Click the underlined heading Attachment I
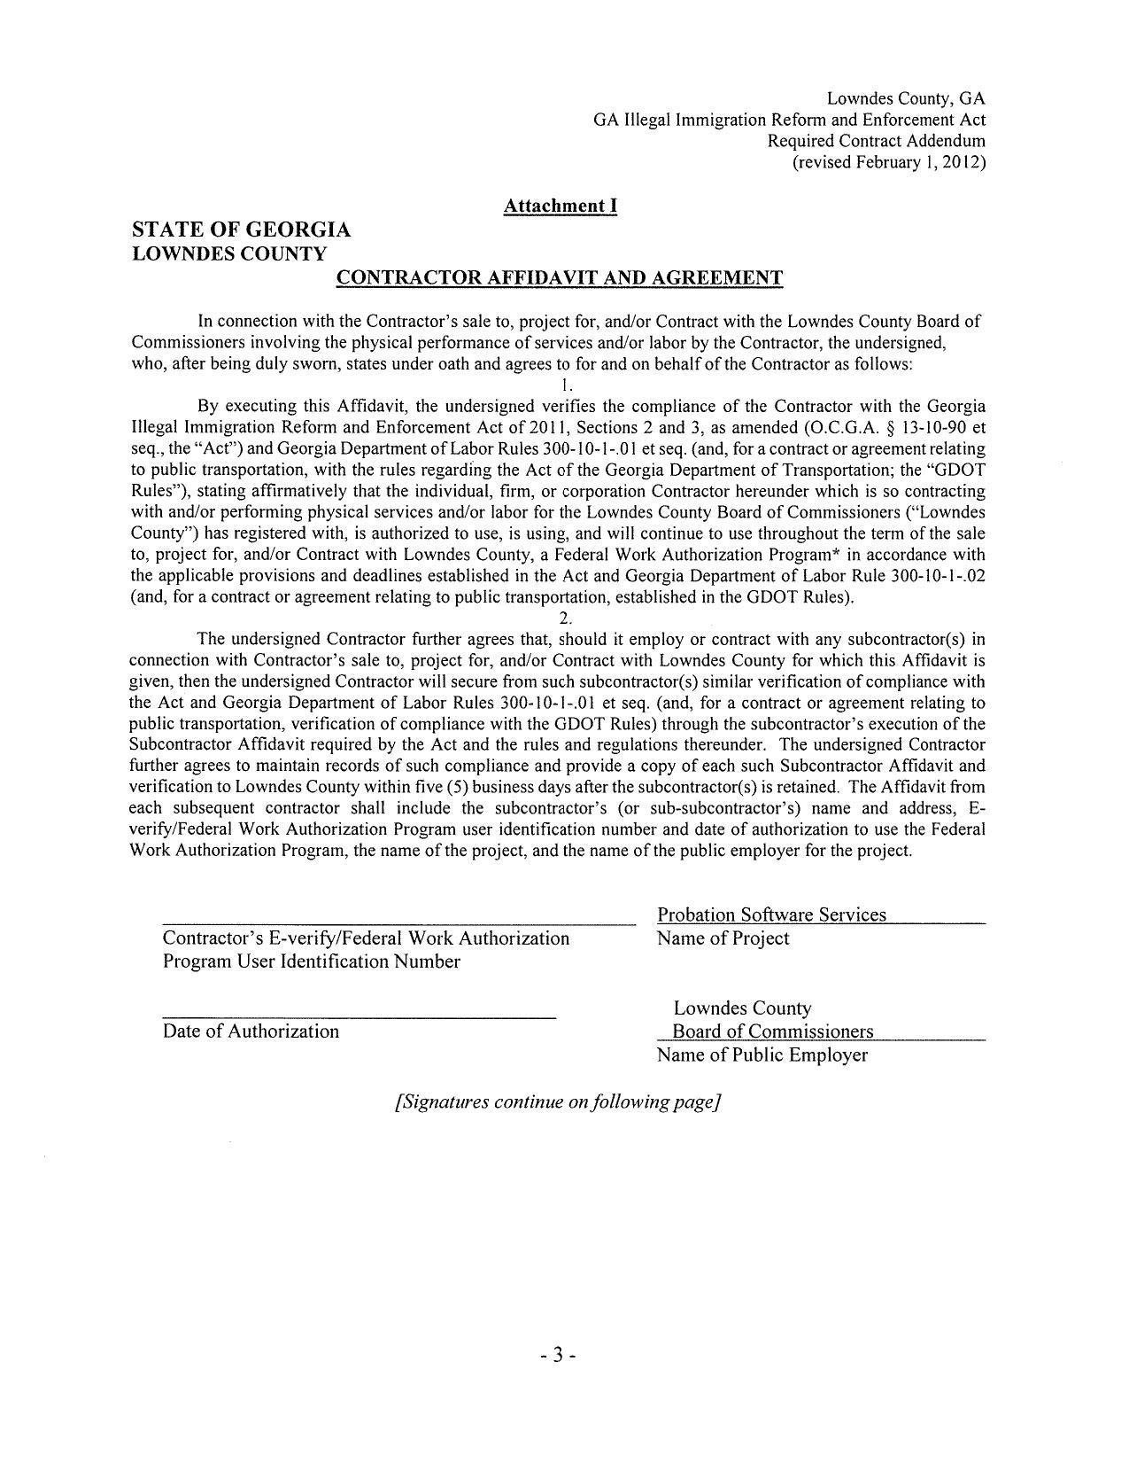(x=560, y=206)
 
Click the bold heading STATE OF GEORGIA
(x=241, y=230)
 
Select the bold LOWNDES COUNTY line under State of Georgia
(x=228, y=253)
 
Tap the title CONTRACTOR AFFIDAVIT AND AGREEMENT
(x=560, y=278)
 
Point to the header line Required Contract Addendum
(x=876, y=141)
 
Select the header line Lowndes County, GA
(x=905, y=98)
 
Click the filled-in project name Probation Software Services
(x=771, y=915)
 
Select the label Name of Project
(x=723, y=938)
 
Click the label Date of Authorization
(x=251, y=1031)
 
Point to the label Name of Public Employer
(x=762, y=1055)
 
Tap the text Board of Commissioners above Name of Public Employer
(x=772, y=1031)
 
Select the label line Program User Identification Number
(x=311, y=961)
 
